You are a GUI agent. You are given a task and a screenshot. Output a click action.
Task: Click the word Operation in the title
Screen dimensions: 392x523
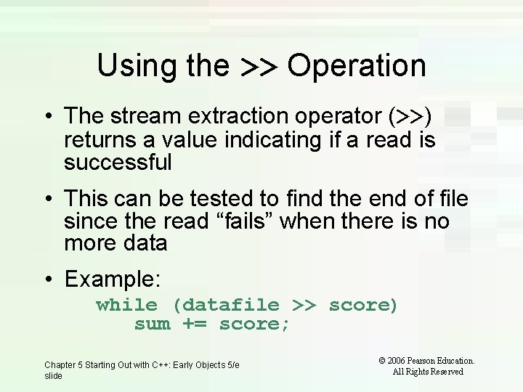(x=356, y=66)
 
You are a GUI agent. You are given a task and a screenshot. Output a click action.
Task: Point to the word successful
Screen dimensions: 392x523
(x=118, y=163)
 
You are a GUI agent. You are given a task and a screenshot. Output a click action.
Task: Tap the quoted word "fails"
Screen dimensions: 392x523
(x=242, y=221)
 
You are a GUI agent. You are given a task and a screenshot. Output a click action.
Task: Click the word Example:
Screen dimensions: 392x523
(x=113, y=279)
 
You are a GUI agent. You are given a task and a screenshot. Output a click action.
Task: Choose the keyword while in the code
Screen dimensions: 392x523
(x=126, y=305)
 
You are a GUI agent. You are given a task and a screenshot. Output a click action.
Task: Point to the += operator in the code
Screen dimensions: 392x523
(x=194, y=324)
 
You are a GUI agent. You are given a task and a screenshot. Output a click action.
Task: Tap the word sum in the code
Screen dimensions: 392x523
(x=153, y=324)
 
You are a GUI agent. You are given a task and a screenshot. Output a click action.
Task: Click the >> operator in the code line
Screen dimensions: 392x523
(x=304, y=305)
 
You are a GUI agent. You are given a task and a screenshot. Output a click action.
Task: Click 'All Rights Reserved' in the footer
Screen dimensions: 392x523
(x=428, y=372)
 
